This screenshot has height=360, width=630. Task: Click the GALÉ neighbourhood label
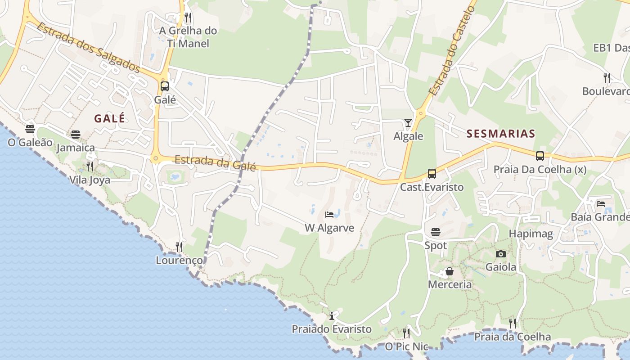point(109,118)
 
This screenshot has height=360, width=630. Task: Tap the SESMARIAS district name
point(501,134)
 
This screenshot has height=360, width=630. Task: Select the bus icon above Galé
point(165,86)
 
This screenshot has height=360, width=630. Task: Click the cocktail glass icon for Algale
point(408,123)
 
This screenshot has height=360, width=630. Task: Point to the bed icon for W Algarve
point(329,215)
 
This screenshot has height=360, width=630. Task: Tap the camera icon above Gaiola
point(501,254)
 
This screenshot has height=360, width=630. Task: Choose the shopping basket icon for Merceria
point(449,271)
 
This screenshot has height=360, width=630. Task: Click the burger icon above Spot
point(436,232)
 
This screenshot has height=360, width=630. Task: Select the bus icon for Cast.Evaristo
point(432,174)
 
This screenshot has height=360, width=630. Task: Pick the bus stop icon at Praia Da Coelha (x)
point(540,156)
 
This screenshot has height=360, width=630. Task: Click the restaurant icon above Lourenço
point(179,247)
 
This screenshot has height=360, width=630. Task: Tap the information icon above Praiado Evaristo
point(332,316)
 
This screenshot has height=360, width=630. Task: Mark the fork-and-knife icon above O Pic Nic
point(406,333)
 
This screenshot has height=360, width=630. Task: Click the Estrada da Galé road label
point(215,162)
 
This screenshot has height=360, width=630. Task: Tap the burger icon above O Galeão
point(30,129)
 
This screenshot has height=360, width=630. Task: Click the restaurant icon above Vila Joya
point(90,166)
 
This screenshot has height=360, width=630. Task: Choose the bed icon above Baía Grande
point(601,204)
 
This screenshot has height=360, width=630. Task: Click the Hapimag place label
point(531,234)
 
